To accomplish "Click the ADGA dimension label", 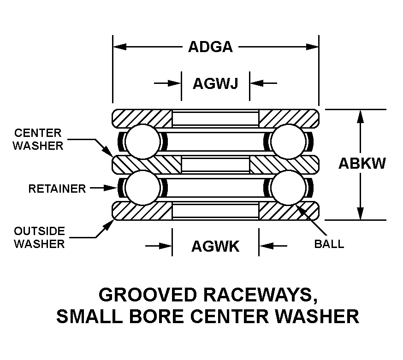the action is pyautogui.click(x=211, y=47).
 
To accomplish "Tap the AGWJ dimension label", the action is pyautogui.click(x=215, y=83).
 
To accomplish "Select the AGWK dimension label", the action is pyautogui.click(x=215, y=246).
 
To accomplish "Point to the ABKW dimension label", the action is pyautogui.click(x=362, y=163).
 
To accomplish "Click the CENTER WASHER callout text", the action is pyautogui.click(x=38, y=139).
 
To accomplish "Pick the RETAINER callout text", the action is pyautogui.click(x=57, y=189).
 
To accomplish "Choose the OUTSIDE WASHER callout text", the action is pyautogui.click(x=39, y=237).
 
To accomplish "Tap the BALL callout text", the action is pyautogui.click(x=329, y=244).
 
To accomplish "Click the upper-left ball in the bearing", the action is pyautogui.click(x=143, y=142).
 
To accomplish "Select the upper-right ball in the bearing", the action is pyautogui.click(x=289, y=142).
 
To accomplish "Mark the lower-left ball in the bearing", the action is pyautogui.click(x=143, y=188).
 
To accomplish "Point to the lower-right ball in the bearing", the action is pyautogui.click(x=289, y=188).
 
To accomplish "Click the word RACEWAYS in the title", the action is pyautogui.click(x=261, y=295).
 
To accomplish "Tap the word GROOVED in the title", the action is pyautogui.click(x=148, y=295).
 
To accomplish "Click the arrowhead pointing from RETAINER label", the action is pyautogui.click(x=111, y=188).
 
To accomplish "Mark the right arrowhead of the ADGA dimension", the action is pyautogui.click(x=312, y=47).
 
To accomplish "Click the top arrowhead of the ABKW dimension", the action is pyautogui.click(x=361, y=117).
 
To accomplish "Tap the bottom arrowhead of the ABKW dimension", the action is pyautogui.click(x=361, y=213).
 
